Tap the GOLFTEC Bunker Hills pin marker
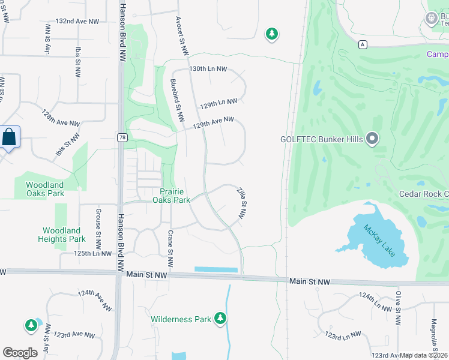coord(372,139)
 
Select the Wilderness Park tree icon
coord(221,318)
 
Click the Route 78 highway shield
coord(121,138)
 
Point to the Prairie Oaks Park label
coord(171,195)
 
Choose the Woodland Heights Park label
coord(61,235)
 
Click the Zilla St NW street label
coord(243,203)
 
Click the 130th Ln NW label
coord(208,70)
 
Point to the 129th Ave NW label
coord(213,122)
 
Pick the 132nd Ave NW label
coord(77,21)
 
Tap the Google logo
coord(20,352)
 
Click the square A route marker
coord(363,45)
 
